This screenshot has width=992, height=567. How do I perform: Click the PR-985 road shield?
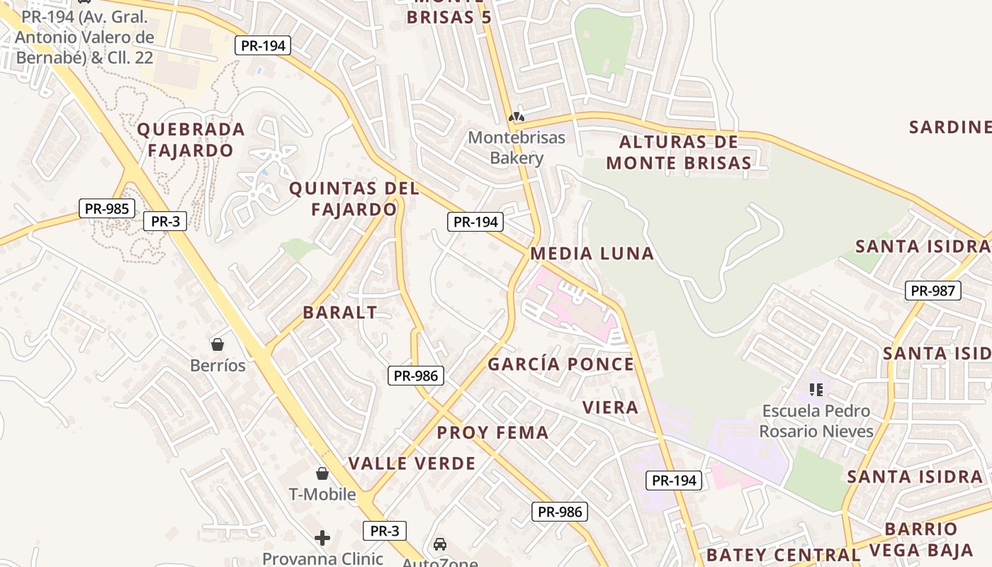pyautogui.click(x=106, y=208)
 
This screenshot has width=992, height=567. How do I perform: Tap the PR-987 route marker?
pyautogui.click(x=932, y=290)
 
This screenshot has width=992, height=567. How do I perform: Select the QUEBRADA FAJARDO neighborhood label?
pyautogui.click(x=191, y=140)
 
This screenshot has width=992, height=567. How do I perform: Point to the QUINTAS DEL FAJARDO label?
pyautogui.click(x=354, y=199)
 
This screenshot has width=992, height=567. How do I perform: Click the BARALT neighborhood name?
pyautogui.click(x=340, y=313)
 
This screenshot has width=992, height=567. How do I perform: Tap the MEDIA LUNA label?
pyautogui.click(x=592, y=254)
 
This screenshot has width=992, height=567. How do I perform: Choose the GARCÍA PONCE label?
pyautogui.click(x=560, y=364)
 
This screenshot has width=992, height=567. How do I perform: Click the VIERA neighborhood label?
pyautogui.click(x=610, y=408)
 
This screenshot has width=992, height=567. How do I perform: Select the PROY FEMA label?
pyautogui.click(x=492, y=433)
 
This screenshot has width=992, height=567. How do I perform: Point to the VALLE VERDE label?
pyautogui.click(x=412, y=464)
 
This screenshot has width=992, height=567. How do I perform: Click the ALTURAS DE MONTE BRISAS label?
pyautogui.click(x=678, y=152)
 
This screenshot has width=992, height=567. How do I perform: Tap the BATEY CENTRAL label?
pyautogui.click(x=783, y=554)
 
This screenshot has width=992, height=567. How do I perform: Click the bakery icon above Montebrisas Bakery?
pyautogui.click(x=517, y=116)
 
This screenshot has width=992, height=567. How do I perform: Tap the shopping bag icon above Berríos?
pyautogui.click(x=218, y=344)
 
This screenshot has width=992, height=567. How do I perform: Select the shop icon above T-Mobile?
pyautogui.click(x=322, y=473)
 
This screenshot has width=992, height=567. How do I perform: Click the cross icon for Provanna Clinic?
pyautogui.click(x=322, y=538)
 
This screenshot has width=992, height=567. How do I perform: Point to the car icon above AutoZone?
pyautogui.click(x=440, y=544)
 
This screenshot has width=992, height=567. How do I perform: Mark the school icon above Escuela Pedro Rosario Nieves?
pyautogui.click(x=816, y=389)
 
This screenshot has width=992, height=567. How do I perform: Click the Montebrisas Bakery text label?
pyautogui.click(x=517, y=147)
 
